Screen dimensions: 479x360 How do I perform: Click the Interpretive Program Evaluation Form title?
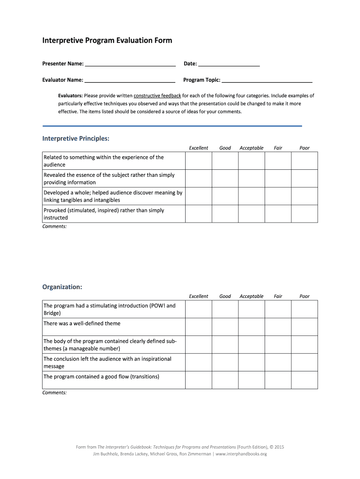point(107,41)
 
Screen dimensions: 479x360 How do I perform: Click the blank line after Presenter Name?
point(130,64)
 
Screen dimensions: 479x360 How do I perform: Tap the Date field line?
point(229,64)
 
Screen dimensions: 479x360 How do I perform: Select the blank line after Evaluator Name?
point(130,80)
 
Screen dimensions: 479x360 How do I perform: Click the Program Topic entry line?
point(267,80)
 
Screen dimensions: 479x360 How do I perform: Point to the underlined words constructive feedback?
point(157,95)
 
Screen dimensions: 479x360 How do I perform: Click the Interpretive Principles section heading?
point(76,138)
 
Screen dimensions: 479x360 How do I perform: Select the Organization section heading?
point(62,287)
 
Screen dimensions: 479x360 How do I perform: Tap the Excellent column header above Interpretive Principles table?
point(198,148)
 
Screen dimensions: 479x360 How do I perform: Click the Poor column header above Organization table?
point(304,296)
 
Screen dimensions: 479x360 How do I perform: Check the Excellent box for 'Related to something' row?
point(198,161)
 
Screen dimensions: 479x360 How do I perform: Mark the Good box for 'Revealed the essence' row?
point(225,179)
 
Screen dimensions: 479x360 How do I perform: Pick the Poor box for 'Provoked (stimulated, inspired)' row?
point(304,214)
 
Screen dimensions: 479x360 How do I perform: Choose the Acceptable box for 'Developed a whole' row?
point(252,196)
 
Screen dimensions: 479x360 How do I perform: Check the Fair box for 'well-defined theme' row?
point(278,327)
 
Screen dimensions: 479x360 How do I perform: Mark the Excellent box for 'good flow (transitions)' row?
point(198,380)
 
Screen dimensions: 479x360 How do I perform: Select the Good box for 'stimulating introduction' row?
point(225,309)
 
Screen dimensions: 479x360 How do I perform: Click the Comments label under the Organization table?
point(55,393)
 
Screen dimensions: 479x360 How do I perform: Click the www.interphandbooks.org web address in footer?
point(241,454)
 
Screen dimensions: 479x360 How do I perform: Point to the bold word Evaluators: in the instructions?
point(70,95)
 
